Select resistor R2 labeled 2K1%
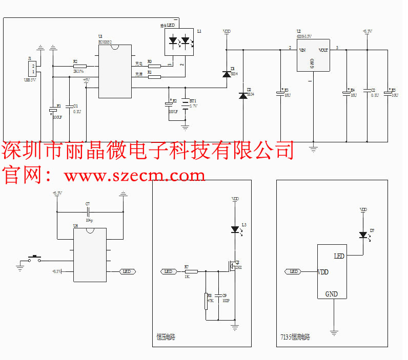79,66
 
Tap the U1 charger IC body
115,72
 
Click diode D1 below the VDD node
227,75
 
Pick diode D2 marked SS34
243,96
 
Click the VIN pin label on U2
302,50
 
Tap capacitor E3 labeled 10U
280,93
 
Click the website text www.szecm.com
134,176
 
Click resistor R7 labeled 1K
191,271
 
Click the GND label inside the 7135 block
332,294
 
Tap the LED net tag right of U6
128,271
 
